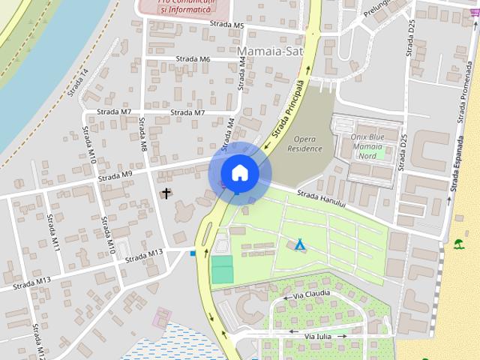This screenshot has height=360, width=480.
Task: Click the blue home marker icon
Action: coord(239,172)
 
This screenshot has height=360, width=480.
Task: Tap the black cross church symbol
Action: coord(166,193)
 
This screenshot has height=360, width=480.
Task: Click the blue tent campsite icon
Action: coord(300,244)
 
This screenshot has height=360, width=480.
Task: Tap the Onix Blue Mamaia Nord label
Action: coord(367,146)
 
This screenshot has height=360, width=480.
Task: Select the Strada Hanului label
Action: coord(321,199)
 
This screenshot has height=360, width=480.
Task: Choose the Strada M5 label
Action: coord(228,26)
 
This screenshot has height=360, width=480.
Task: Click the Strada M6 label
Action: coord(193,58)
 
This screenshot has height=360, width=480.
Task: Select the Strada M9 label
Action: coord(115,175)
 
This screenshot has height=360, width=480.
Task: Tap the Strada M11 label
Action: coord(54,232)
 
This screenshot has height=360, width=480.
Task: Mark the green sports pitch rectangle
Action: coord(222,269)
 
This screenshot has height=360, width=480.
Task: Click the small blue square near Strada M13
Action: coord(193,253)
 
